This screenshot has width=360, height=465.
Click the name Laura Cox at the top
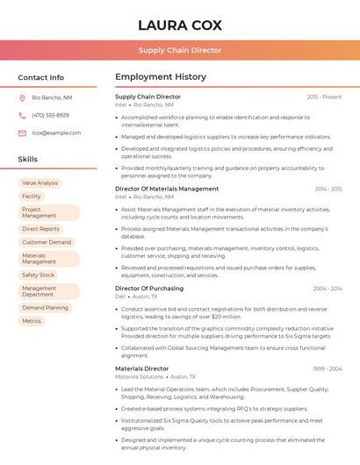[x=180, y=25]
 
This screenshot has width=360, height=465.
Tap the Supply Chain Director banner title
[x=180, y=50]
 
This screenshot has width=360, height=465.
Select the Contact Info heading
[x=41, y=77]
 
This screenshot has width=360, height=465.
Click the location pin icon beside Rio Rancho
[x=22, y=97]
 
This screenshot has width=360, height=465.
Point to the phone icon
[x=22, y=115]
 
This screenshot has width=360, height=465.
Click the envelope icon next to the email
[x=22, y=133]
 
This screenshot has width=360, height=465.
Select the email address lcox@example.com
[x=56, y=133]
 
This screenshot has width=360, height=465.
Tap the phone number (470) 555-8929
[x=50, y=115]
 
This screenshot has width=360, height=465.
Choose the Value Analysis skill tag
[x=40, y=183]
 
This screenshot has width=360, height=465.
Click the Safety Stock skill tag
[x=38, y=275]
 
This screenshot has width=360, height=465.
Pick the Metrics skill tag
[x=32, y=321]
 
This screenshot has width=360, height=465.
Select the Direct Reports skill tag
[x=40, y=229]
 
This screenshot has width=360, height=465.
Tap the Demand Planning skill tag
[x=45, y=308]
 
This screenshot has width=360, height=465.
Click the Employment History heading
[x=161, y=77]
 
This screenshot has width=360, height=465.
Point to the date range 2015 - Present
[x=324, y=97]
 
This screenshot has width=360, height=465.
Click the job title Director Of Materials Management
[x=167, y=189]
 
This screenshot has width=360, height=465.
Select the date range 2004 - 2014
[x=327, y=288]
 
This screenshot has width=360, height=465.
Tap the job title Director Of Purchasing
[x=149, y=288]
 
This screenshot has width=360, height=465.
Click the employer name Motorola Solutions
[x=140, y=376]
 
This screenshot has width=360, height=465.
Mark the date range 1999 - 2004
[x=327, y=368]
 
